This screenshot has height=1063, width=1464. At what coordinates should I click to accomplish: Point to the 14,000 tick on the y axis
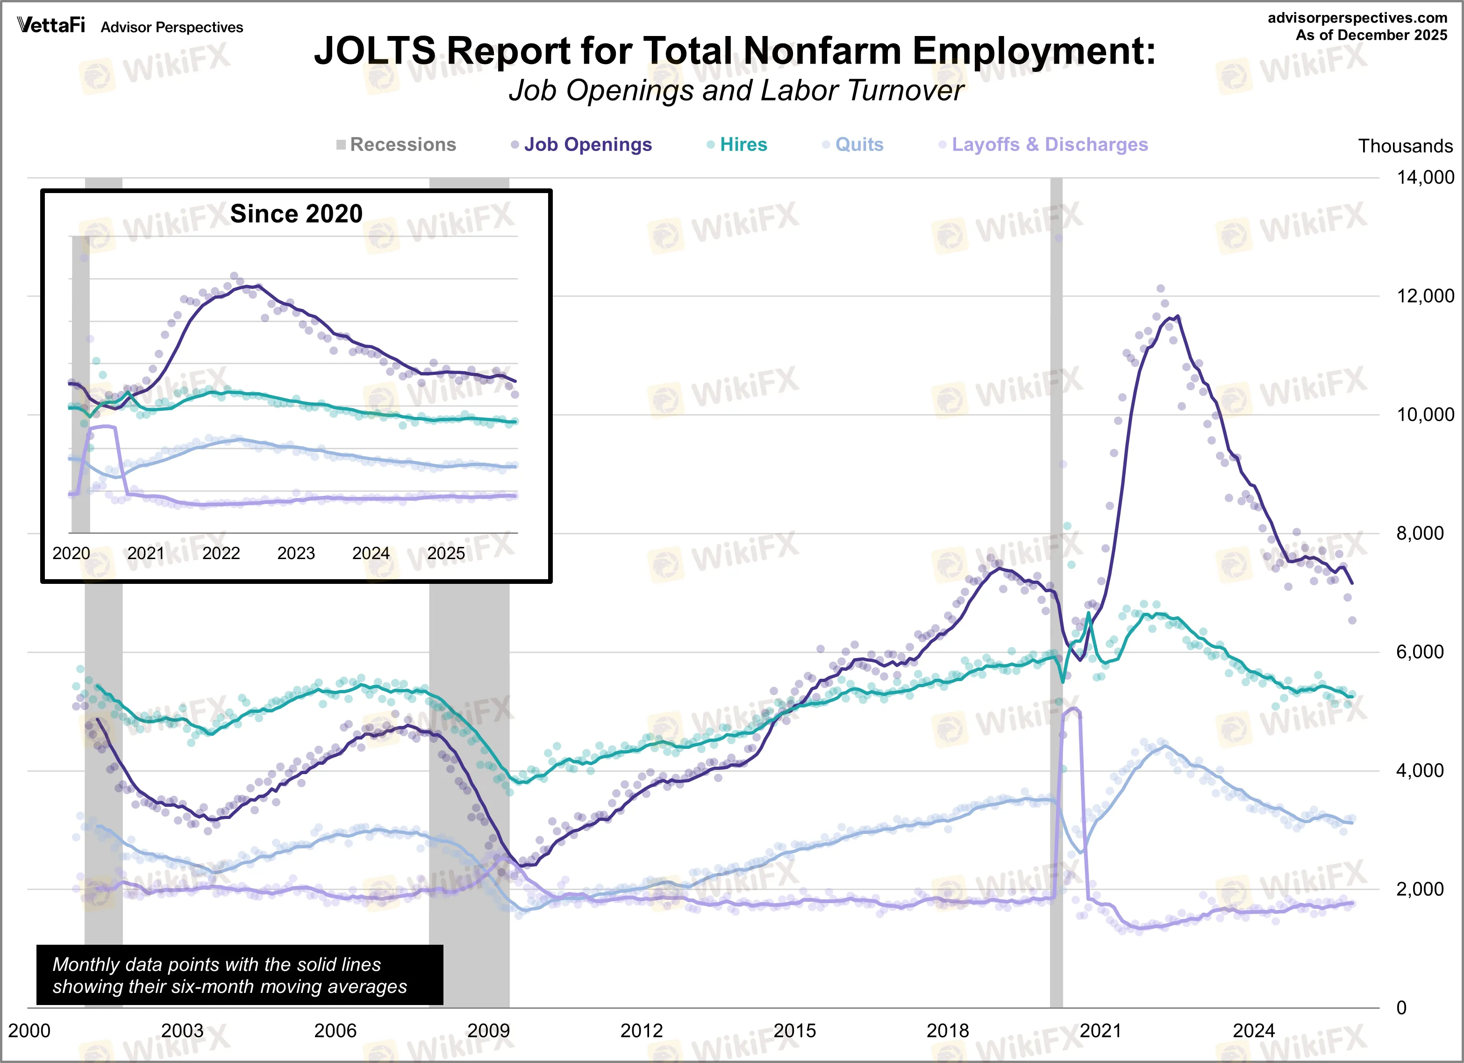pos(1425,178)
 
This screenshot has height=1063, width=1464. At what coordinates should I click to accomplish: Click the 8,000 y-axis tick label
pos(1420,533)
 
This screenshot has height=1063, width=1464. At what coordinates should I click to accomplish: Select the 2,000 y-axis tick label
pos(1420,889)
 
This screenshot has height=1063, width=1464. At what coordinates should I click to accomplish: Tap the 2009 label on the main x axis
pos(488,1030)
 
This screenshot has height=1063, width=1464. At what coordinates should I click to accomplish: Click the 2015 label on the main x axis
pos(794,1030)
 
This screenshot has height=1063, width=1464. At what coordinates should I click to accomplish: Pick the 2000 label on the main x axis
pos(29,1030)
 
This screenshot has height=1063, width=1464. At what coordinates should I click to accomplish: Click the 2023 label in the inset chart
pos(296,553)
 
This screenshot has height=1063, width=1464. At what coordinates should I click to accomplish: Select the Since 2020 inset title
pos(296,214)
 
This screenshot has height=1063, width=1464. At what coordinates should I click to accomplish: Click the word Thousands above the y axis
pos(1405,146)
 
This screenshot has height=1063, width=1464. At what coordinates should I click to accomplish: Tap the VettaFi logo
pos(51,25)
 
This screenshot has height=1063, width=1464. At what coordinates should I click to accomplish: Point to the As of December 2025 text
pos(1371,35)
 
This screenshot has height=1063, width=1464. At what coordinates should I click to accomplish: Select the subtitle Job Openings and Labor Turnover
pos(736,90)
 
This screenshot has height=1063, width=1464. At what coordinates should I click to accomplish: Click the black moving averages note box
pos(239,975)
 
